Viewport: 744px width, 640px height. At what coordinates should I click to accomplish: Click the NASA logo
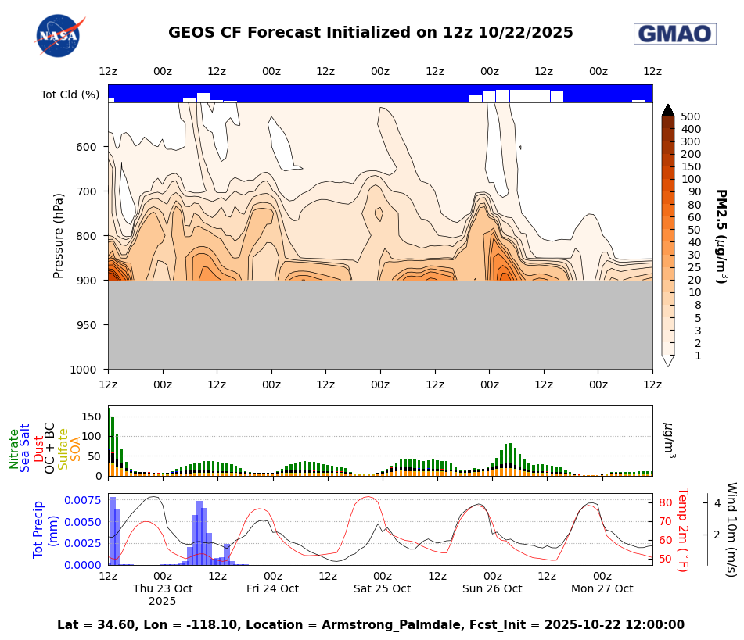pos(57,35)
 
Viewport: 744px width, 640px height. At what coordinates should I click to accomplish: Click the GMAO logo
pos(674,34)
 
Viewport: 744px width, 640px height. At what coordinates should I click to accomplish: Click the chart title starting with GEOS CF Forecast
pos(371,33)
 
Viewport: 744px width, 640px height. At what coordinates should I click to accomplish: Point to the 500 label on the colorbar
pos(690,116)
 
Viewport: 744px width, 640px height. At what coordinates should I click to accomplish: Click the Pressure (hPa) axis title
pos(59,236)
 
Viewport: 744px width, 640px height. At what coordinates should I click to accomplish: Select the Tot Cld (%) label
pos(70,95)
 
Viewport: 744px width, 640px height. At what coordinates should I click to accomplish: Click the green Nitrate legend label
pos(14,449)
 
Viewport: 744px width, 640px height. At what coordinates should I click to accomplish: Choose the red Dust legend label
pos(39,449)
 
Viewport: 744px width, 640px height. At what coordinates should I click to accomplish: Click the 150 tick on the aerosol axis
pos(92,417)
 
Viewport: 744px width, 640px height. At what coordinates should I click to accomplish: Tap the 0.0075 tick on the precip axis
pos(81,500)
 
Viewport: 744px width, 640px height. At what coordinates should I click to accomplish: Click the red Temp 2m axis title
pos(682,529)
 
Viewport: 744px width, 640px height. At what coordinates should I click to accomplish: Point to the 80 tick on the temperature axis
pos(665,502)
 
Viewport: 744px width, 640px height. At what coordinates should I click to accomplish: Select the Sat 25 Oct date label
pos(382,588)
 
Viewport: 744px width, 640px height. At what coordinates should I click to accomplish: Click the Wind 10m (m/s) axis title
pos(731,529)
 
